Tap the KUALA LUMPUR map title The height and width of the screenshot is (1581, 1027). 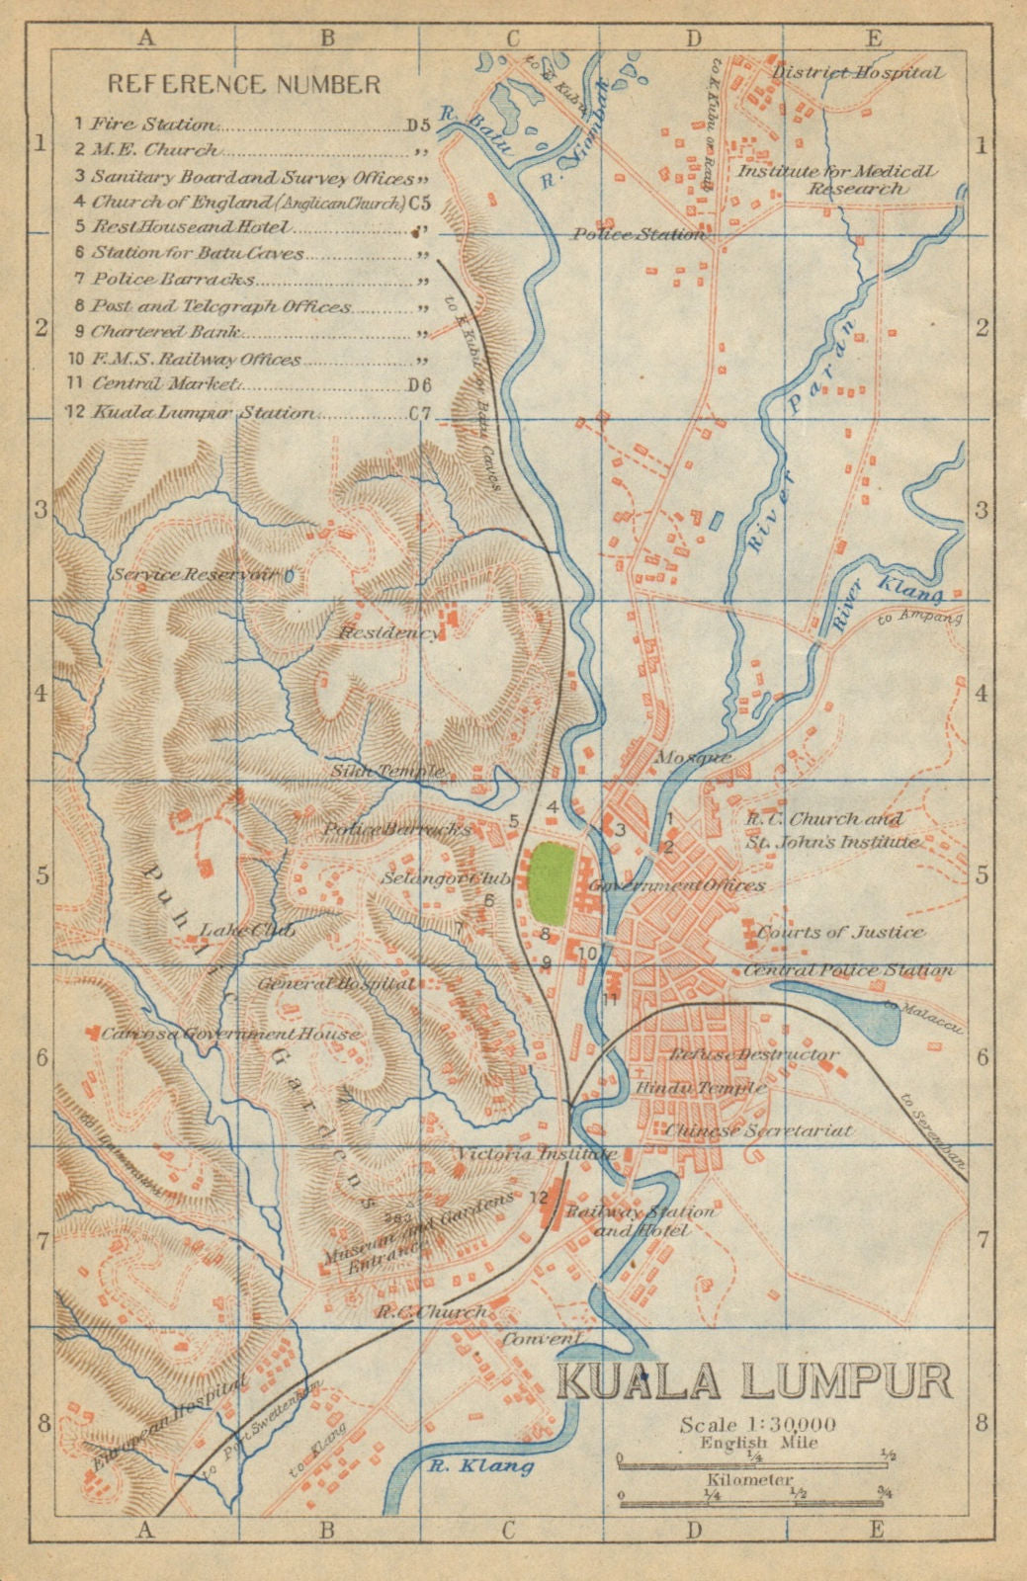[x=754, y=1380]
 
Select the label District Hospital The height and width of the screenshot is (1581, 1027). [x=857, y=72]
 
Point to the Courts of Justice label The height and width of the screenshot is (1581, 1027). [x=841, y=932]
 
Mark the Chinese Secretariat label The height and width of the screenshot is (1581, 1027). [x=759, y=1129]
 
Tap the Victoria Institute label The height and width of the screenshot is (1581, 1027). [x=537, y=1153]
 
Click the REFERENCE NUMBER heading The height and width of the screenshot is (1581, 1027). [x=243, y=84]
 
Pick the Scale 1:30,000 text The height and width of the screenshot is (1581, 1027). [x=758, y=1424]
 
